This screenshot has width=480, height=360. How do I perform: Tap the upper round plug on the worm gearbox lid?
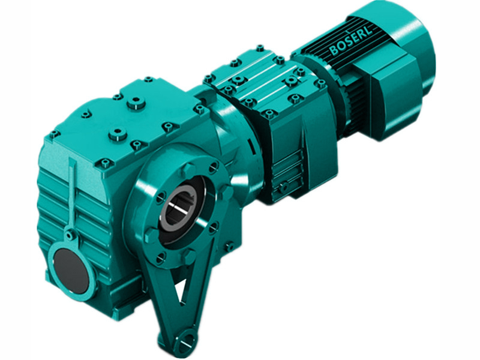[136, 104]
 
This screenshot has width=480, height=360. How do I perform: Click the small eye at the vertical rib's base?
[70, 235]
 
